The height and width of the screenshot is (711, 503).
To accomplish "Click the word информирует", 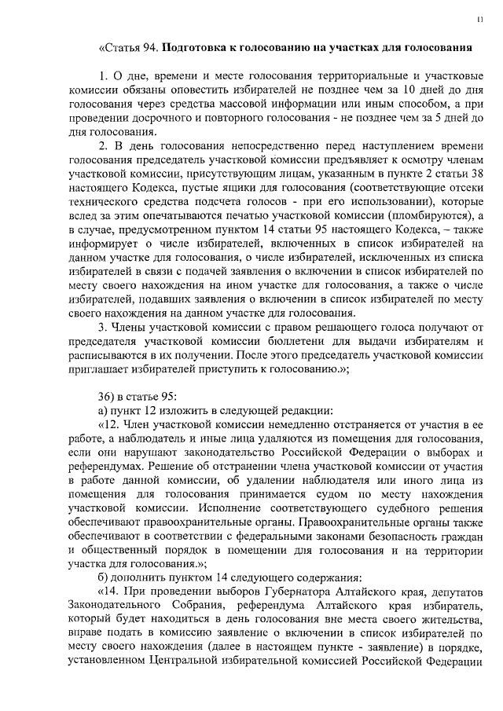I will tap(103, 244).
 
